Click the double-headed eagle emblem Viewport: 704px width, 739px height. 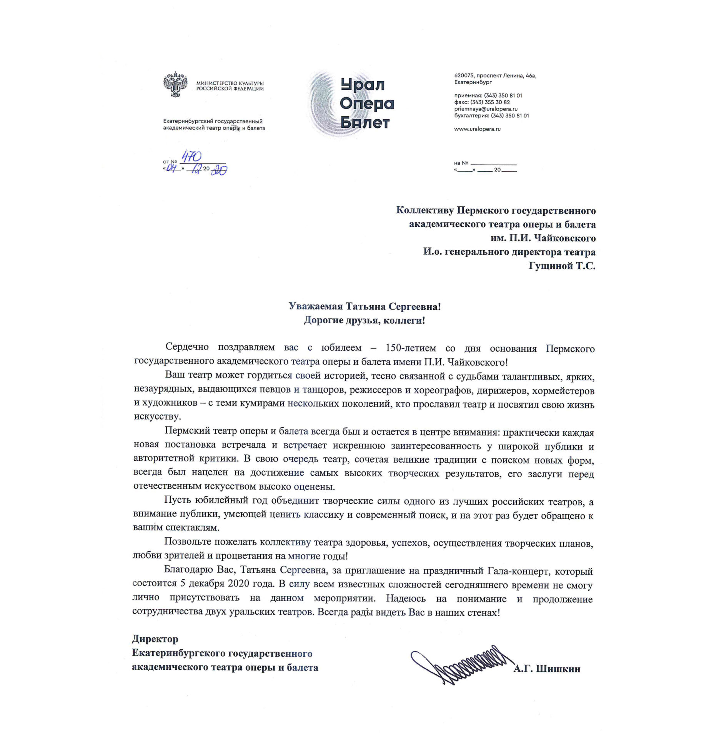coord(175,84)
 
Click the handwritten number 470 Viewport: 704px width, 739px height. coord(191,157)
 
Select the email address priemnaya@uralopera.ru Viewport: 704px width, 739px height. coord(486,109)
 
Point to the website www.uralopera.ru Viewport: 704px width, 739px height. coord(477,129)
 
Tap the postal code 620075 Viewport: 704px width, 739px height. coord(464,76)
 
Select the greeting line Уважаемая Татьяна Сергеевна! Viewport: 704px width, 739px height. coord(364,306)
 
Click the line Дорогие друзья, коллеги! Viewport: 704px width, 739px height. coord(364,320)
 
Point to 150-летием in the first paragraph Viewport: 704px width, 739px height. coord(410,348)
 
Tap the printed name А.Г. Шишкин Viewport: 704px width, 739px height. coord(547,669)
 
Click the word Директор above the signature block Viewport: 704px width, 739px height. coord(155,639)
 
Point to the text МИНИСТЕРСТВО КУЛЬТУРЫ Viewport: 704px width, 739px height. coord(230,83)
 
